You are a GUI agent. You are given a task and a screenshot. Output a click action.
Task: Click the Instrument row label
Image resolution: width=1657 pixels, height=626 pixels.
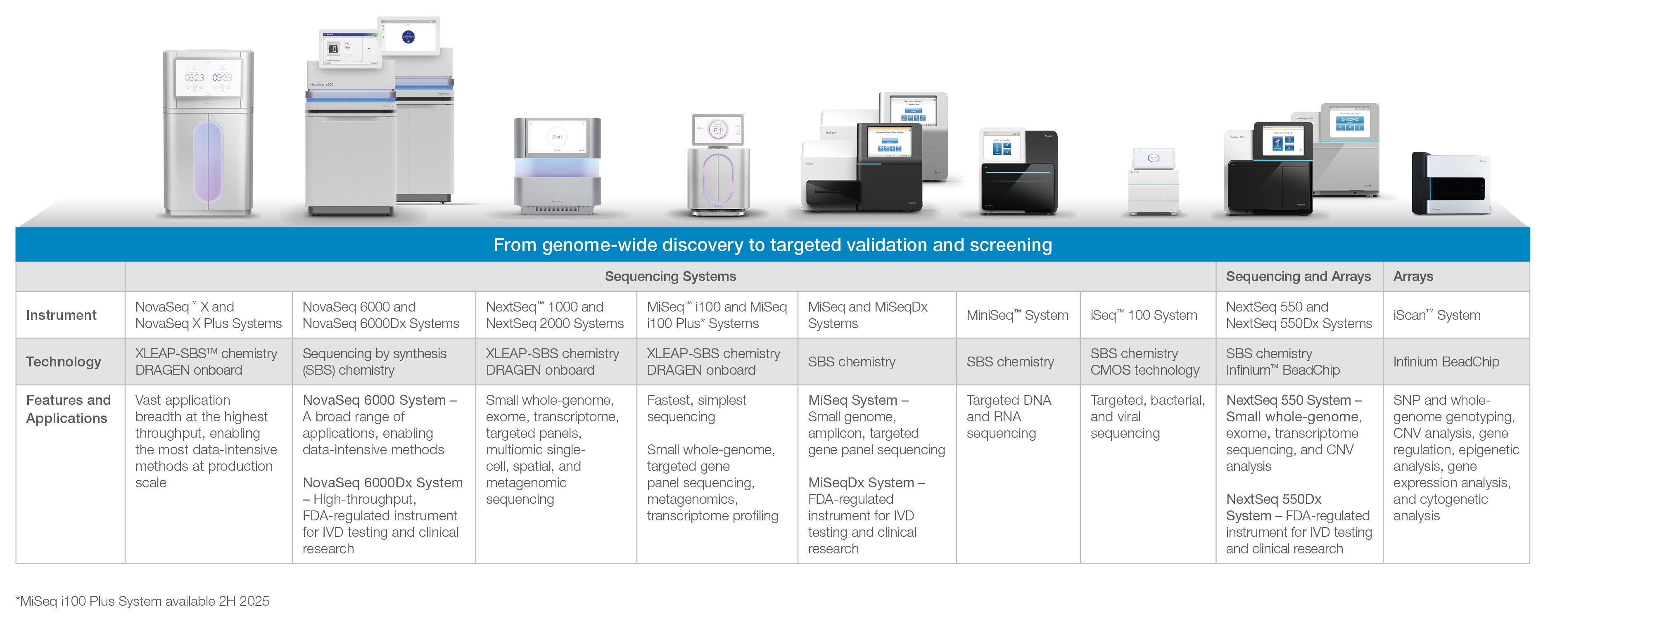coord(61,315)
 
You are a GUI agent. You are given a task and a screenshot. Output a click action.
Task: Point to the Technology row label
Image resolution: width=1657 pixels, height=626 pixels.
coord(63,362)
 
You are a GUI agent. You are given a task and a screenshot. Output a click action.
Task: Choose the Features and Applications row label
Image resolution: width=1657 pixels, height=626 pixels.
coord(68,409)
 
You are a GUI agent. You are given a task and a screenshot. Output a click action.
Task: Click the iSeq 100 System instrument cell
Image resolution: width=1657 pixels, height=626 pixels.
coord(1143,315)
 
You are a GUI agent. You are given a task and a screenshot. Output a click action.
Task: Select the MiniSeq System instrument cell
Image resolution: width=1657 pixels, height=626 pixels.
coord(1016,315)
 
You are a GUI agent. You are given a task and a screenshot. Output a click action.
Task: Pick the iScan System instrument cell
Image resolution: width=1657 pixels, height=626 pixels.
coord(1436,315)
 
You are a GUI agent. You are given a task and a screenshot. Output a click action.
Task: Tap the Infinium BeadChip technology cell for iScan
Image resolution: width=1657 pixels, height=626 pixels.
coord(1446,362)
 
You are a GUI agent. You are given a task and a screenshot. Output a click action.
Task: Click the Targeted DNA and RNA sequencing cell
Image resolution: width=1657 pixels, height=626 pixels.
coord(1008,416)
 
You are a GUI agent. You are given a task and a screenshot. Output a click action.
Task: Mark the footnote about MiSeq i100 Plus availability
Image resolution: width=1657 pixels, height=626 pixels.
coord(143,601)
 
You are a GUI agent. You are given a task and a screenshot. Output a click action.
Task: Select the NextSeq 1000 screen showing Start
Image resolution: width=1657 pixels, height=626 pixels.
coord(557,137)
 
